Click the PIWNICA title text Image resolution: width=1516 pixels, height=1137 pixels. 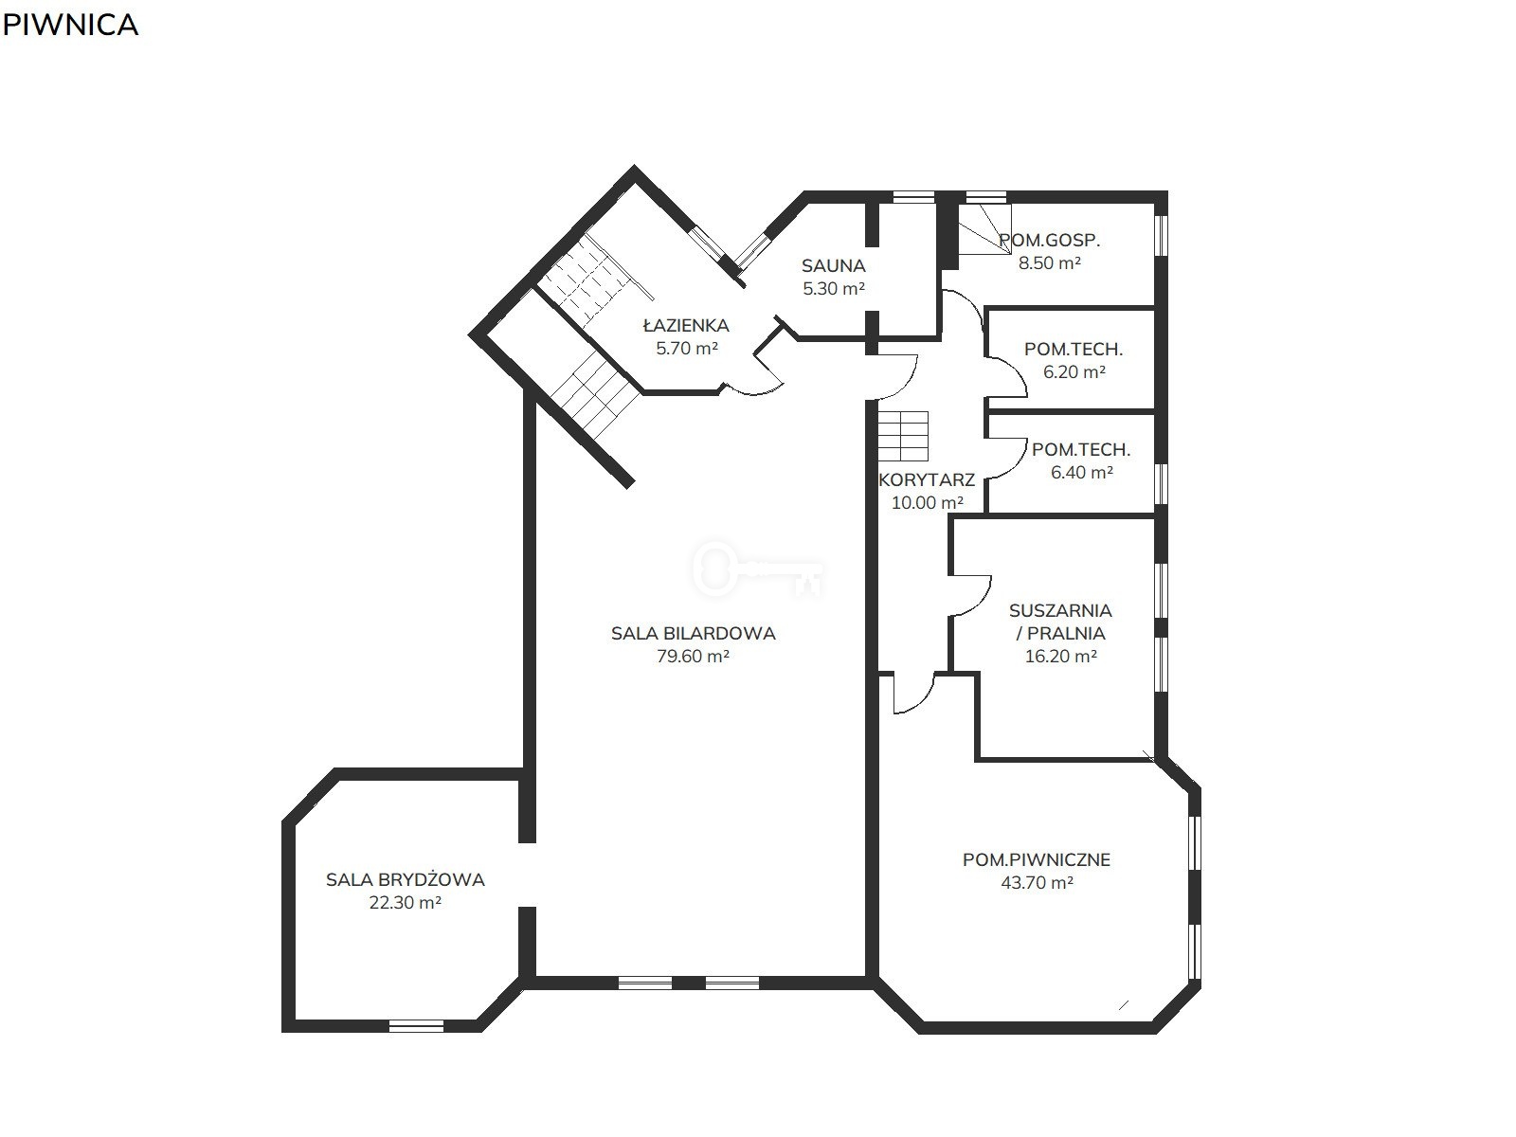click(x=70, y=25)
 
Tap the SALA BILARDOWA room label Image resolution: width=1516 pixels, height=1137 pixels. click(x=693, y=633)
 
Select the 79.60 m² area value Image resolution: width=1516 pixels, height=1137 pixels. click(x=693, y=656)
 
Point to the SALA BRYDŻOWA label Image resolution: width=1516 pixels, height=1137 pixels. click(x=406, y=879)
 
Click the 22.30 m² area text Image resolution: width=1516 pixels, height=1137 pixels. click(x=406, y=902)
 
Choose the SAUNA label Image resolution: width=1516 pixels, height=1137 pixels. click(x=834, y=265)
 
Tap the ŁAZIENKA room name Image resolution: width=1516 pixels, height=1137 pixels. click(x=686, y=324)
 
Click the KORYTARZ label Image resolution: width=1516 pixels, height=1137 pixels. click(x=926, y=479)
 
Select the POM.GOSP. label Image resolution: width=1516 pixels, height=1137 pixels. click(x=1049, y=241)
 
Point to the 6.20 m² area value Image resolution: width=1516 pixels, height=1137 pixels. click(x=1074, y=371)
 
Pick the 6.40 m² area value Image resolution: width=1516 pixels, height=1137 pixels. click(x=1082, y=472)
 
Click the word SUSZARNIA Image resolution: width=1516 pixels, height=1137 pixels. click(x=1060, y=610)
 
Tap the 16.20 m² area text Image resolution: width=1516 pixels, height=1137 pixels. click(x=1061, y=656)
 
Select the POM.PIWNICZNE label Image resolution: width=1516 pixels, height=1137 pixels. click(x=1037, y=859)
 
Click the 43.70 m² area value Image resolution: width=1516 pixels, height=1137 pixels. click(x=1037, y=882)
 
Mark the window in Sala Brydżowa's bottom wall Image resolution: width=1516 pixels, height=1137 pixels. click(x=417, y=1026)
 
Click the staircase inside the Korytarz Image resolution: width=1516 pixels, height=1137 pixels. click(x=903, y=436)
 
